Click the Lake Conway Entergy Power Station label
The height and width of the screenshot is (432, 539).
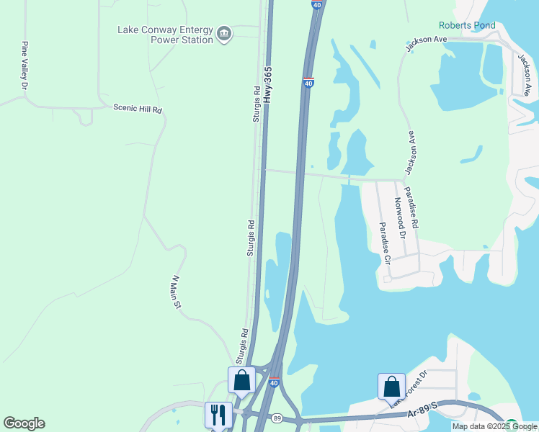(165, 35)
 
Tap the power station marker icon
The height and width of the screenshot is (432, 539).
(224, 34)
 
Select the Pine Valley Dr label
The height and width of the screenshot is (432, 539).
(24, 66)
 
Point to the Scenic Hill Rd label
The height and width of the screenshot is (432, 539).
(138, 108)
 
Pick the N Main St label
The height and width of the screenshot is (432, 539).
(175, 292)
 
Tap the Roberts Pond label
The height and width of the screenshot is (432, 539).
(467, 25)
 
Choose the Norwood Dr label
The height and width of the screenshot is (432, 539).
(400, 219)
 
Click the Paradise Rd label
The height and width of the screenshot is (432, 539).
(412, 208)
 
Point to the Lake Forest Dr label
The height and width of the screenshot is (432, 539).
(409, 390)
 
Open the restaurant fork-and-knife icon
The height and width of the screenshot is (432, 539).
(218, 414)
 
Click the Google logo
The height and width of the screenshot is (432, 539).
(24, 423)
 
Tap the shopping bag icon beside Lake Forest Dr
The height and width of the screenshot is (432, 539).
(391, 386)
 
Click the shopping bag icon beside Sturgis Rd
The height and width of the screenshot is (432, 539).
(241, 379)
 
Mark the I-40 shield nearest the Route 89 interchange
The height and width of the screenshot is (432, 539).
(274, 382)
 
